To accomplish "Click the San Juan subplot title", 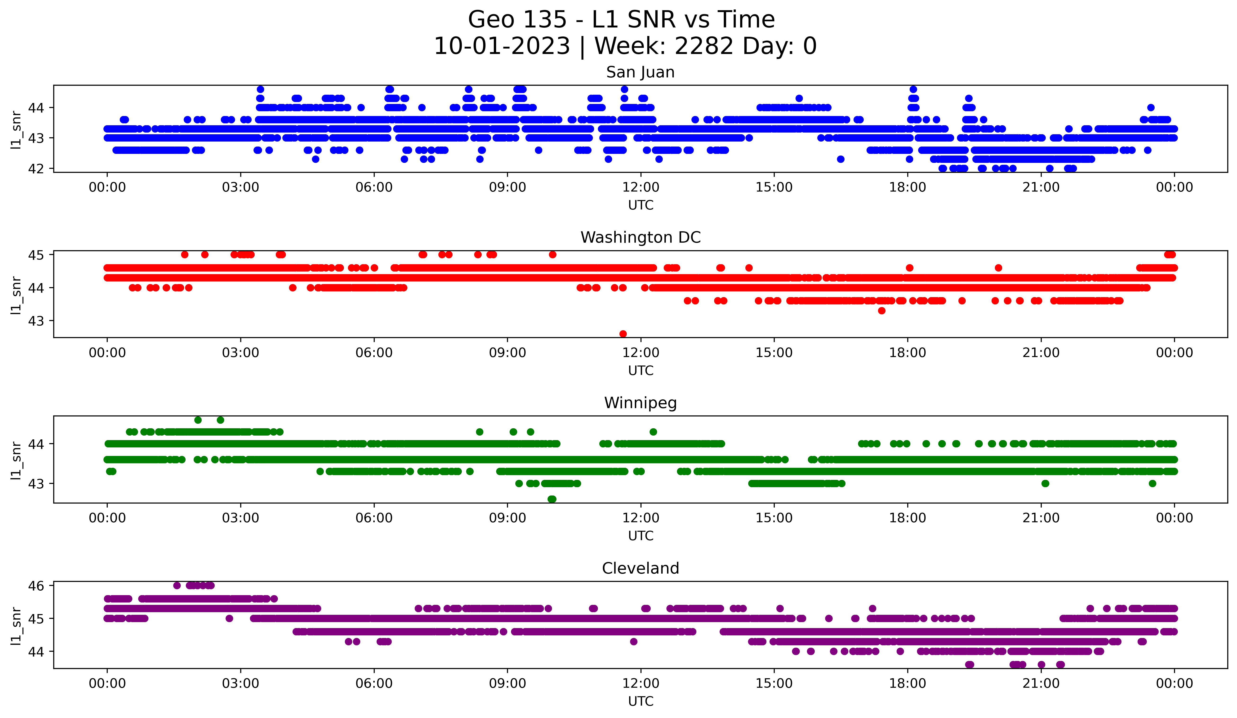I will click(640, 72).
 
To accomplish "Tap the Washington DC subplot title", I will click(640, 237).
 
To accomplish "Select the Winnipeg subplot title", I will click(640, 403).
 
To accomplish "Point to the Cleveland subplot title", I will click(640, 568).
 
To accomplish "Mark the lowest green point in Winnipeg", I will click(552, 499).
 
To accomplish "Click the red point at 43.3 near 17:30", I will click(882, 311).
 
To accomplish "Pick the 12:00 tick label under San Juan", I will click(641, 187).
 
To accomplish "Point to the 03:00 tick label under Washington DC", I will click(240, 353).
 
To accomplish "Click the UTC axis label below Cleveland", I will click(641, 701).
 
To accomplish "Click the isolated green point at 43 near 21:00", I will click(1045, 483).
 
